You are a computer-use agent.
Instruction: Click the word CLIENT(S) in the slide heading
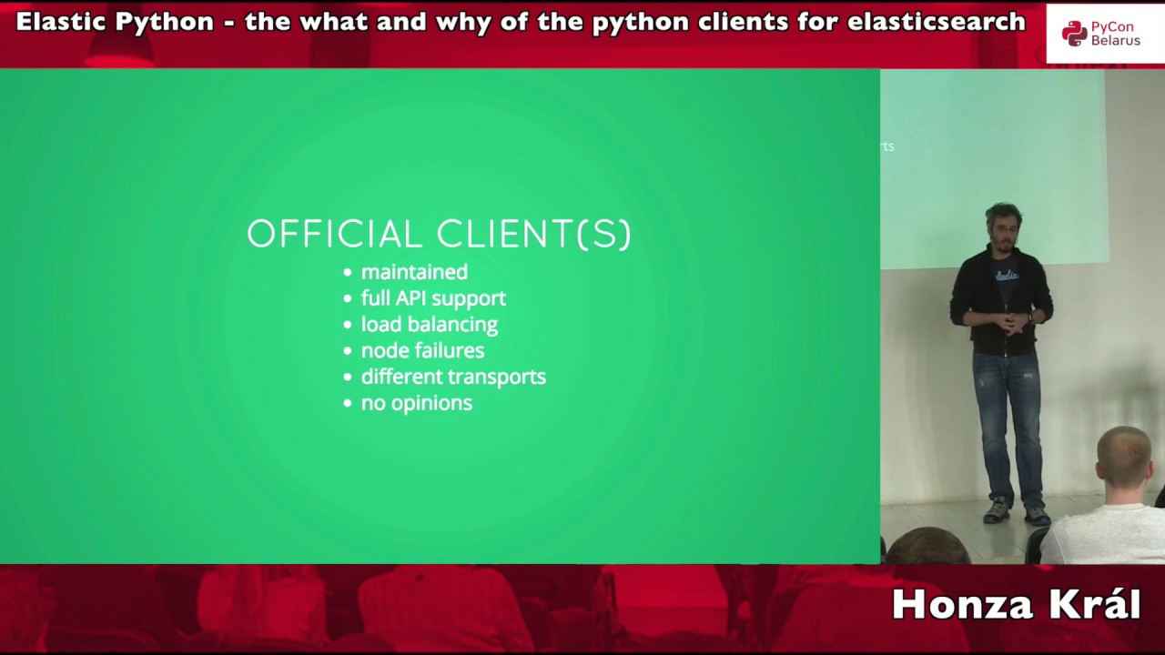coord(534,235)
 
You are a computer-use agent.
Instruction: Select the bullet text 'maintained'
coord(414,272)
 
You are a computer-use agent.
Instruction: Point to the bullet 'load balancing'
coord(429,325)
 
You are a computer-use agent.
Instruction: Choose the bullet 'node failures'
coord(422,350)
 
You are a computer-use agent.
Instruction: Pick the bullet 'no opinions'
coord(416,403)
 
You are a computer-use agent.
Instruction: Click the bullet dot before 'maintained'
coord(348,273)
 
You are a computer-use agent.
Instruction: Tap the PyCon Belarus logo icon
coord(1074,34)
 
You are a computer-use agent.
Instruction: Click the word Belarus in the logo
coord(1116,41)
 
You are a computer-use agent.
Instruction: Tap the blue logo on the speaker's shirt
coord(1006,274)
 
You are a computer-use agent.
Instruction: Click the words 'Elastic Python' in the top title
coord(115,22)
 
